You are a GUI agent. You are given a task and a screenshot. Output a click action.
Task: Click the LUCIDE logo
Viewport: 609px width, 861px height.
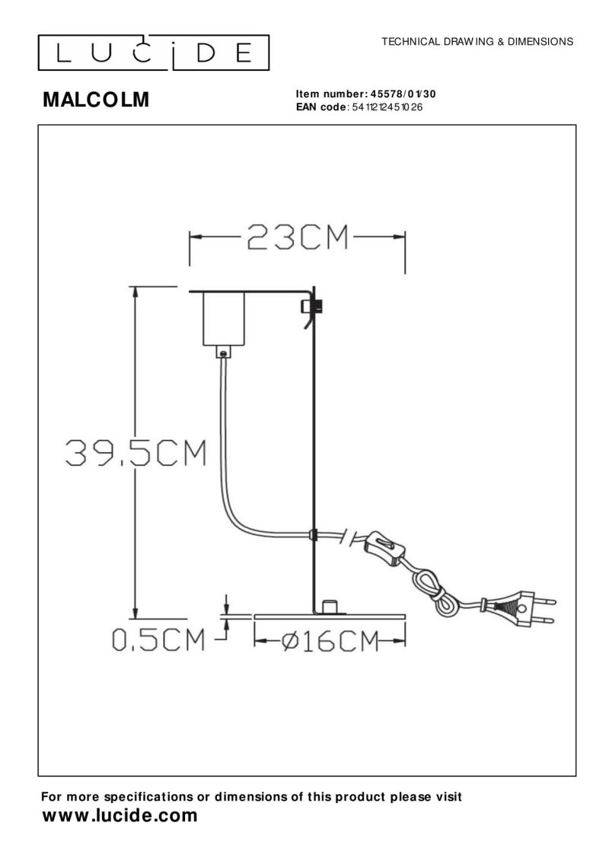[x=155, y=52]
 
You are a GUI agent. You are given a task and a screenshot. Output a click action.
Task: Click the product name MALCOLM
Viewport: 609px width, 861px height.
[x=95, y=100]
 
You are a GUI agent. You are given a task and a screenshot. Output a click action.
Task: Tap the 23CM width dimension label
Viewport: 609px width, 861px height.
[x=297, y=238]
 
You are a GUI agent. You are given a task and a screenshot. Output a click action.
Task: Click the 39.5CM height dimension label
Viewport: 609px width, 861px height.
[x=136, y=454]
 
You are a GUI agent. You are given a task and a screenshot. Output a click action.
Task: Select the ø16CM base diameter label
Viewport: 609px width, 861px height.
[x=329, y=641]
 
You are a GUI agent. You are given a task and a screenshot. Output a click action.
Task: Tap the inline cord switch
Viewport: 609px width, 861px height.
[x=383, y=549]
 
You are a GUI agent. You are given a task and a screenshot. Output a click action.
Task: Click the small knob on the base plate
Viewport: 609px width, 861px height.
[x=330, y=607]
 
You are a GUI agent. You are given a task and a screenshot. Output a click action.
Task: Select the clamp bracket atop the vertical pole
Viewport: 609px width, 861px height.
[x=309, y=307]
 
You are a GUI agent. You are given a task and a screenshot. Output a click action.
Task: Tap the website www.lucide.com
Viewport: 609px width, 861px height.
[x=120, y=817]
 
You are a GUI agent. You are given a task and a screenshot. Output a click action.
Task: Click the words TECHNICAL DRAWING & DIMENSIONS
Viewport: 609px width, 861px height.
[x=477, y=41]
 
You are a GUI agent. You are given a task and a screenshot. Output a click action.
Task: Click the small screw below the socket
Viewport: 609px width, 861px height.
[x=222, y=352]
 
